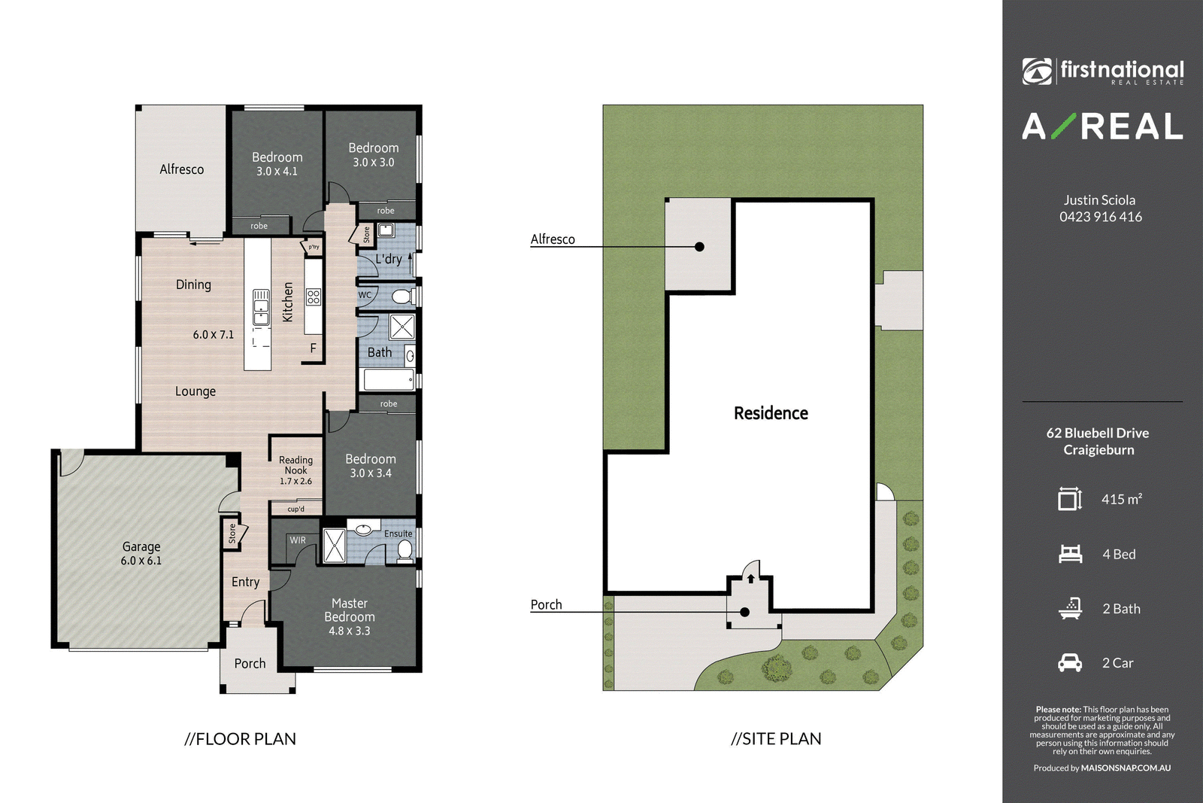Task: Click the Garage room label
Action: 141,553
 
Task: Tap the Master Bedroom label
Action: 350,616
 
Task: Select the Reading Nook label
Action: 296,470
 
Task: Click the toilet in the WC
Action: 403,297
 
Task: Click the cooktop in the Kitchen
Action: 314,297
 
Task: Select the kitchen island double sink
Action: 261,308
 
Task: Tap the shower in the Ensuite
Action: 334,546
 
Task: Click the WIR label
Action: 298,540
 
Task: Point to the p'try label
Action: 314,247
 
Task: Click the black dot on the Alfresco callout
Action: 699,247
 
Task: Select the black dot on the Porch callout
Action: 744,612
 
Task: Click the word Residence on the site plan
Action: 771,412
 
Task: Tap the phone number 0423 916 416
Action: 1101,217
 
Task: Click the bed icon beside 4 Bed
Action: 1071,554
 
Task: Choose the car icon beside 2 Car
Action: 1070,663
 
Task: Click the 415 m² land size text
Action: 1121,499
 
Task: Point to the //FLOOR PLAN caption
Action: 240,739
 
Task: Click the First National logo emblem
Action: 1037,71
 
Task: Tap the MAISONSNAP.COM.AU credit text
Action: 1126,768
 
